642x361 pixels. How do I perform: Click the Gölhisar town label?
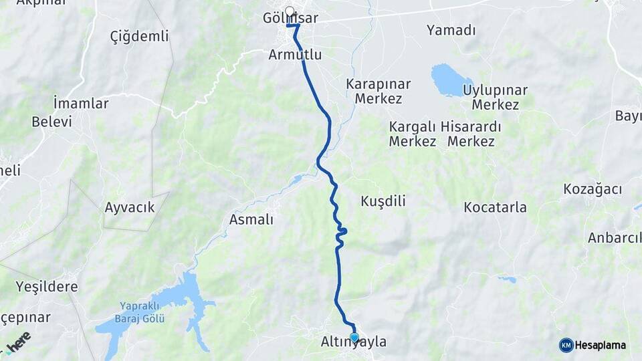291,19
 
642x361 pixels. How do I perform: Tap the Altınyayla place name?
354,342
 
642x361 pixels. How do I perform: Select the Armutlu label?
295,55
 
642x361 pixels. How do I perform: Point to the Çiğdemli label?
139,36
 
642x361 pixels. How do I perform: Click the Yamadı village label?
451,30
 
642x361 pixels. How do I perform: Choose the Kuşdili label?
383,201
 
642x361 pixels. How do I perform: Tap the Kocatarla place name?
495,207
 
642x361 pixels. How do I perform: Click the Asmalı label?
251,219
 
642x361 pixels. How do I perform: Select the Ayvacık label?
130,207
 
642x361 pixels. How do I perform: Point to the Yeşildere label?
47,287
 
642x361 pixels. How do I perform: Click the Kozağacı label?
593,189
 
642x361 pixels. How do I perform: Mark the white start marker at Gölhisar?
290,11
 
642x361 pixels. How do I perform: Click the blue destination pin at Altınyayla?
354,337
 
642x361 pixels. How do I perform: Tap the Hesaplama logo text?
601,346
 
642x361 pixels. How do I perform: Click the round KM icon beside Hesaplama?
566,346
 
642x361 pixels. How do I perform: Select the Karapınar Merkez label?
379,92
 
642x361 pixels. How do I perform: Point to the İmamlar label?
80,104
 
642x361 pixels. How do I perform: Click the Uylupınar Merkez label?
495,97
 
